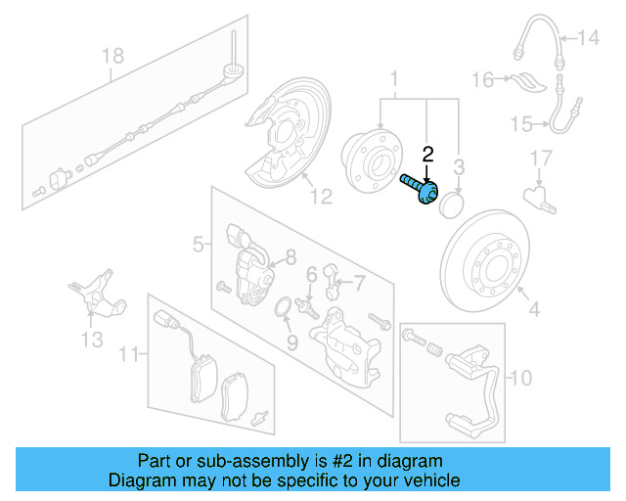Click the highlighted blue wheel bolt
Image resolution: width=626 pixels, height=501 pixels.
(x=420, y=190)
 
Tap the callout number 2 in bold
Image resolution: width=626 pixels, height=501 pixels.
(x=426, y=154)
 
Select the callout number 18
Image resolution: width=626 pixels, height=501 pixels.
(x=112, y=56)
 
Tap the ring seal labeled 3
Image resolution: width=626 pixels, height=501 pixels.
(x=452, y=206)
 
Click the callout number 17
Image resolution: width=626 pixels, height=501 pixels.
(x=541, y=157)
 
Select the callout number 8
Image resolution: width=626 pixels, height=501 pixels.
(x=290, y=258)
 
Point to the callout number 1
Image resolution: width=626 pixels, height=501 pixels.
(x=395, y=77)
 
